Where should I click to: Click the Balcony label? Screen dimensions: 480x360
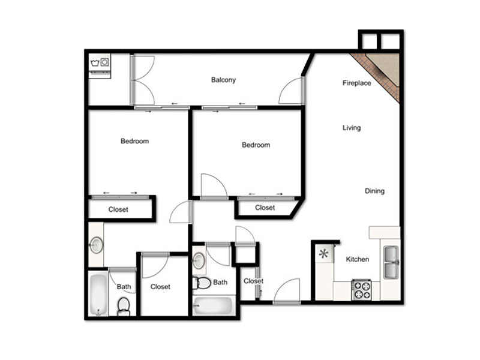click(223, 80)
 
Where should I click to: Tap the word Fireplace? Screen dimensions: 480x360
click(356, 83)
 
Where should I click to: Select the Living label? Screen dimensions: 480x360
click(352, 128)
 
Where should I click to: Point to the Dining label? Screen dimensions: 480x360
click(374, 191)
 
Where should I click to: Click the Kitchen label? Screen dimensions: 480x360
click(357, 259)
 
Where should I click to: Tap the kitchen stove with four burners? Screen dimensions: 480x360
click(361, 290)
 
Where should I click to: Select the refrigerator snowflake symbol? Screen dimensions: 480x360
click(323, 254)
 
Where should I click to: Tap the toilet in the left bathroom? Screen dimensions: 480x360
click(124, 307)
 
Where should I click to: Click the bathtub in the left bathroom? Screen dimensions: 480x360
click(98, 295)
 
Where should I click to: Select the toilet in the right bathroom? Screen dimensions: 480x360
click(201, 283)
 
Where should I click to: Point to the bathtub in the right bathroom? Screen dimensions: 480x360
click(214, 305)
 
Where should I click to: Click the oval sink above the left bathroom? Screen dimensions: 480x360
click(97, 245)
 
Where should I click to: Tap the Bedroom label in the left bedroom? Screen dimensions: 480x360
click(134, 141)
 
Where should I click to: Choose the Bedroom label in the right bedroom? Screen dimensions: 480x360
click(256, 145)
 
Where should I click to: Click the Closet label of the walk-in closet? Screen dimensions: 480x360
click(160, 287)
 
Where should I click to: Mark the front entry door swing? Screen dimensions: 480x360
click(286, 291)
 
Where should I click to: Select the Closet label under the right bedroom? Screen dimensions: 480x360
click(265, 208)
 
